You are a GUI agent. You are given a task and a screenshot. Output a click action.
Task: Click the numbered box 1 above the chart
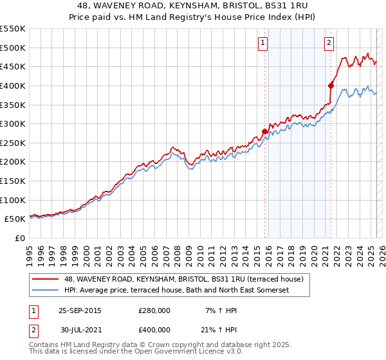click(263, 43)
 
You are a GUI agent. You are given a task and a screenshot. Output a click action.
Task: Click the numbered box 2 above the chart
click(329, 43)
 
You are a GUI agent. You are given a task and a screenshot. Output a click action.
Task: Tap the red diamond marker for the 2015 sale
click(264, 131)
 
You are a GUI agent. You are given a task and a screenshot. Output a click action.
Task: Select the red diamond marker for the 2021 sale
click(331, 85)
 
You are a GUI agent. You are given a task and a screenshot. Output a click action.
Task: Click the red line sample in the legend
click(46, 278)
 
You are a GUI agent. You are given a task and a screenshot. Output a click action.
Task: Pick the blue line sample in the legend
click(46, 291)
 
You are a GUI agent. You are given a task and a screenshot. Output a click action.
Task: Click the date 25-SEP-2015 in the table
click(80, 310)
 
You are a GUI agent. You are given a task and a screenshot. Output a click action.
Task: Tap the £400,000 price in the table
click(154, 329)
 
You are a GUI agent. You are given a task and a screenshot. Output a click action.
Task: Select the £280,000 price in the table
click(154, 310)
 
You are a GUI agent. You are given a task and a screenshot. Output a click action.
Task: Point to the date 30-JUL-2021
click(80, 329)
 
